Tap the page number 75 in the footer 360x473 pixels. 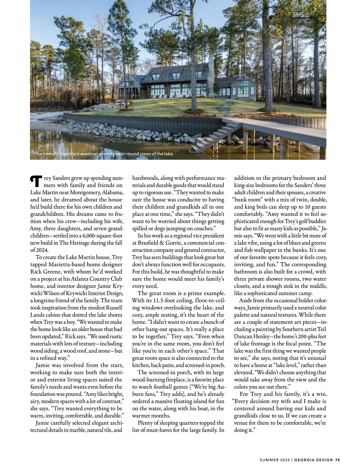[x=337, y=459]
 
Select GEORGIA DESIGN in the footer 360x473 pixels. [x=313, y=459]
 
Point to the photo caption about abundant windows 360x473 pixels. [x=104, y=154]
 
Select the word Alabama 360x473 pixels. [x=112, y=192]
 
